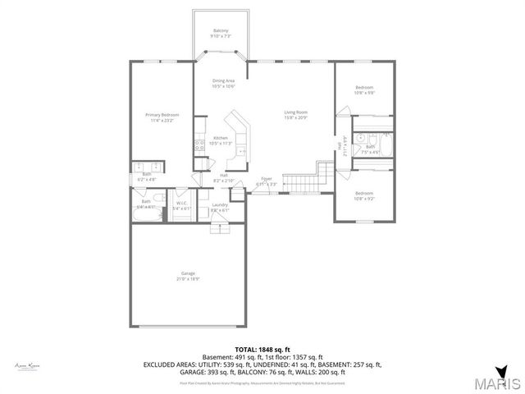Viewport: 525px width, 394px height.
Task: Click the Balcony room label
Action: click(221, 30)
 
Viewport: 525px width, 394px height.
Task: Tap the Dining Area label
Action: click(223, 80)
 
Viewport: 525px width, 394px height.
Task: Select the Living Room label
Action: click(295, 112)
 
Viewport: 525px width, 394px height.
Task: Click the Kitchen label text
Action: click(220, 137)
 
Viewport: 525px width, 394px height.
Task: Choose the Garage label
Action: click(188, 273)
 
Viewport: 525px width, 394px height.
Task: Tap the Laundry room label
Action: click(219, 204)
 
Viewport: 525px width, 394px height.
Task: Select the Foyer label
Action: click(267, 178)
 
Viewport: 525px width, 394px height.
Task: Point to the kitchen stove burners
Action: click(197, 148)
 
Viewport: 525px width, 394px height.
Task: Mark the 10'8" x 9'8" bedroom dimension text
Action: click(364, 93)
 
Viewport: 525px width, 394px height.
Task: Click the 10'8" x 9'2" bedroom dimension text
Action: click(364, 199)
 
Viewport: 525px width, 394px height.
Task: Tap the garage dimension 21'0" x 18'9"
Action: click(188, 279)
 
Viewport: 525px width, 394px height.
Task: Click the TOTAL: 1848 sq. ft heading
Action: click(262, 349)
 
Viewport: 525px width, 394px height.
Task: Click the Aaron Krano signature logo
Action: click(28, 365)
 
